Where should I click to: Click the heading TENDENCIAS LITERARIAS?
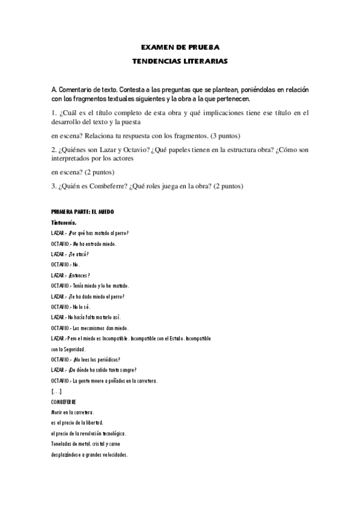(180, 61)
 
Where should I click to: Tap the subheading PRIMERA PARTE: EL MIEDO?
(83, 212)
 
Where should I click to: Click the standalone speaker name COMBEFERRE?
(64, 401)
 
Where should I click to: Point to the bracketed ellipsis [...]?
(57, 391)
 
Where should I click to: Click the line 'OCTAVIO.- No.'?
(66, 265)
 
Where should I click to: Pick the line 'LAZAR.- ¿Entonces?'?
(70, 275)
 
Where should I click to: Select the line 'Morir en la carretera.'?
(73, 413)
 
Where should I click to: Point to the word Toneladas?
(64, 444)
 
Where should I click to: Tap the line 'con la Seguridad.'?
(69, 349)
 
